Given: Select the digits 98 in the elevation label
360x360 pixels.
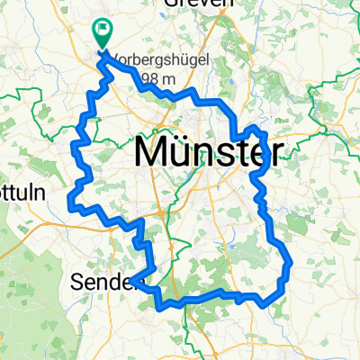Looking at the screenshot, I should coord(157,81).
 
